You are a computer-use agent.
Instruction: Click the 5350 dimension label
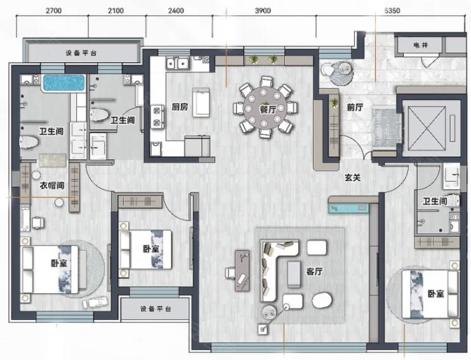coord(392,11)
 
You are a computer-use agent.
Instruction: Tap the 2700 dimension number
coord(53,11)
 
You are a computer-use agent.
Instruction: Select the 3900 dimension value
coord(263,11)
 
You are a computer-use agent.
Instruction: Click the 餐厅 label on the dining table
coord(268,109)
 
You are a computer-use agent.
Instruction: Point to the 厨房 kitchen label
coord(180,107)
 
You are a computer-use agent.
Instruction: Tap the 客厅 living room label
coord(314,271)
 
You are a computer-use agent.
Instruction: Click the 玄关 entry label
coord(352,177)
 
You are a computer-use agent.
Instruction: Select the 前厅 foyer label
coord(355,107)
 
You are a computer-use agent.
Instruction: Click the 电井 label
coord(420,45)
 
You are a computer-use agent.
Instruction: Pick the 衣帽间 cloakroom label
coord(52,185)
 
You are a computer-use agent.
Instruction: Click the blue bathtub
coord(63,83)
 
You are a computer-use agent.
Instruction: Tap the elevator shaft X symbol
coord(427,128)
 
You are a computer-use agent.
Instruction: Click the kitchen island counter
coord(201,102)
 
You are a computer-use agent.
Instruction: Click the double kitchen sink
coord(178,63)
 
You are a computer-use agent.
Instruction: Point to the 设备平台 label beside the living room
coord(156,309)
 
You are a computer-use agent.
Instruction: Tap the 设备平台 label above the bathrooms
coord(81,53)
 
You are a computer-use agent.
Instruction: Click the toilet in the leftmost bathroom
coord(29,142)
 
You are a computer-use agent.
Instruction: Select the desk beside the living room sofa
coord(242,270)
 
